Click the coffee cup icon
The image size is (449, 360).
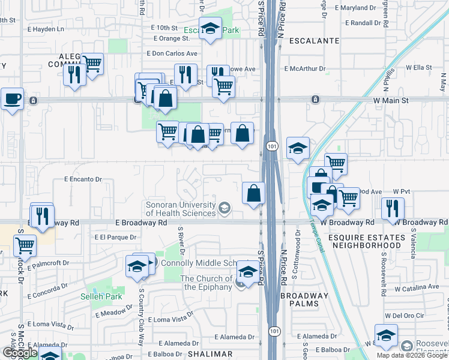(12, 98)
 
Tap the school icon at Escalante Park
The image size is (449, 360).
(210, 29)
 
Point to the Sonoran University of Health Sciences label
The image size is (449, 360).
(181, 209)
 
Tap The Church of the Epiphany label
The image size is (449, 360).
(206, 283)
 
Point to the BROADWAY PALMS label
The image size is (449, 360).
(305, 301)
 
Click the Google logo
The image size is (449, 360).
(20, 353)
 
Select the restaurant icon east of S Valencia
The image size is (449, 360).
(393, 208)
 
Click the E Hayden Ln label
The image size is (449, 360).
(44, 29)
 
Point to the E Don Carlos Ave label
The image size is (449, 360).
(172, 53)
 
